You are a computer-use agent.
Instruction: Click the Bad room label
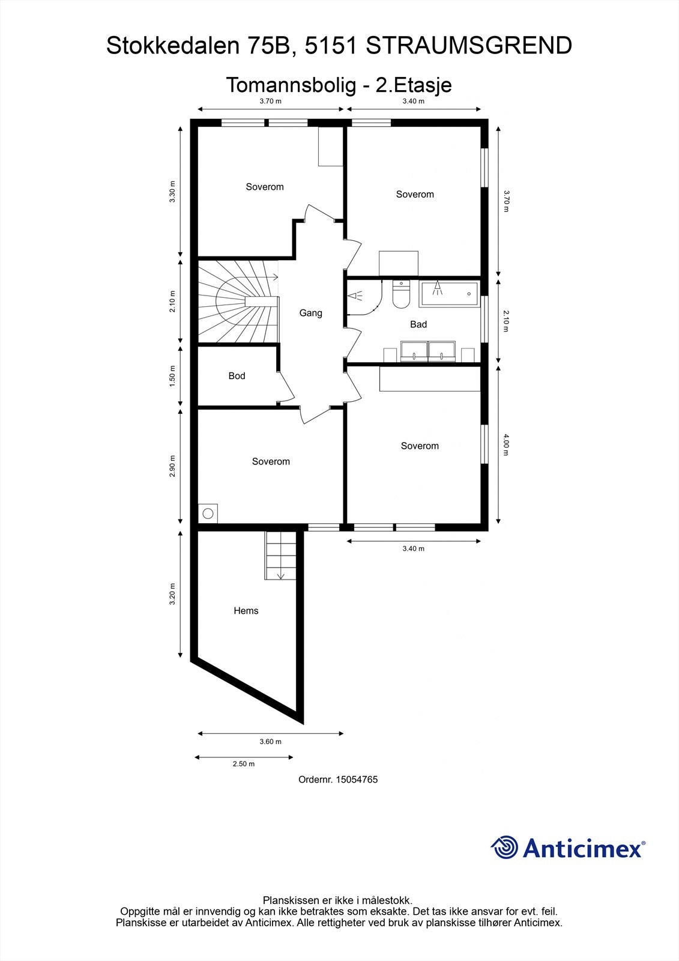418,324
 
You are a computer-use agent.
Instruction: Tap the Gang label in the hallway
311,313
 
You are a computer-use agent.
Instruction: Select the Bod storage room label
237,376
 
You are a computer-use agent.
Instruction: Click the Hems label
246,611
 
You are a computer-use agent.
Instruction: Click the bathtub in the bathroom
449,293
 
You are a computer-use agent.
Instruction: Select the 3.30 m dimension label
172,192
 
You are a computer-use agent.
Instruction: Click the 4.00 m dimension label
505,444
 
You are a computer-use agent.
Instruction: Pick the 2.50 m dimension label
243,764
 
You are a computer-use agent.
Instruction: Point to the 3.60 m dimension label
270,742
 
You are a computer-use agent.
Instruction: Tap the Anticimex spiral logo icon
504,847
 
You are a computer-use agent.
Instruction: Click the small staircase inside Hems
280,556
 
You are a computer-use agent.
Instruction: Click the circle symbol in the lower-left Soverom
208,514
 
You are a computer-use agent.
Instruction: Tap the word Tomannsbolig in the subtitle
291,85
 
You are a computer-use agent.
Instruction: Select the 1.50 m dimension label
172,375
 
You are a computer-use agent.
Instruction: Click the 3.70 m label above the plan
270,101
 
